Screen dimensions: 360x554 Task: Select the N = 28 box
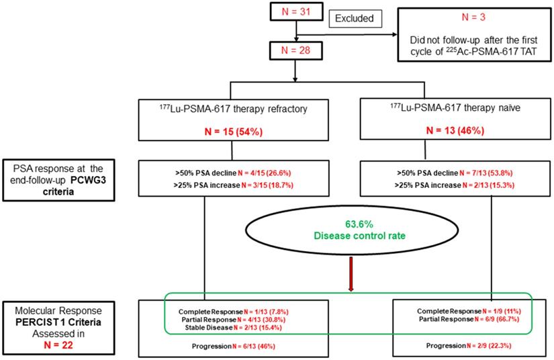point(290,51)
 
